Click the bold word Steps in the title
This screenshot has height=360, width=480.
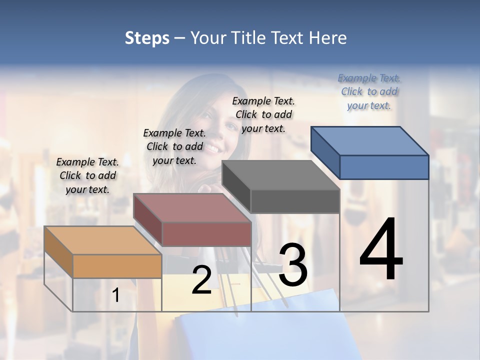147,38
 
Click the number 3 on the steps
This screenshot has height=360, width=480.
292,264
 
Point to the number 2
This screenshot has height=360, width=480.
201,280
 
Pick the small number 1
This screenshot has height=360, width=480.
115,295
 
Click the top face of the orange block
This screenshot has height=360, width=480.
102,240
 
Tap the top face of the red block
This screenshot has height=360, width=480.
192,207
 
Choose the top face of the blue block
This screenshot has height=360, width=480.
370,141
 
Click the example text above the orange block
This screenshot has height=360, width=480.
87,175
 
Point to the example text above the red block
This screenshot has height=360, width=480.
174,146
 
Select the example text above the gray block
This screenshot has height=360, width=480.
263,114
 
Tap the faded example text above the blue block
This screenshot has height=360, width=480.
369,91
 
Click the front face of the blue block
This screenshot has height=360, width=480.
384,167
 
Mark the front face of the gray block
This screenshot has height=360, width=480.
295,201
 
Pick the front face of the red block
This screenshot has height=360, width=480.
206,234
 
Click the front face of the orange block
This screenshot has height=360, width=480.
117,266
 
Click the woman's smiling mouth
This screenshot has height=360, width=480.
213,148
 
